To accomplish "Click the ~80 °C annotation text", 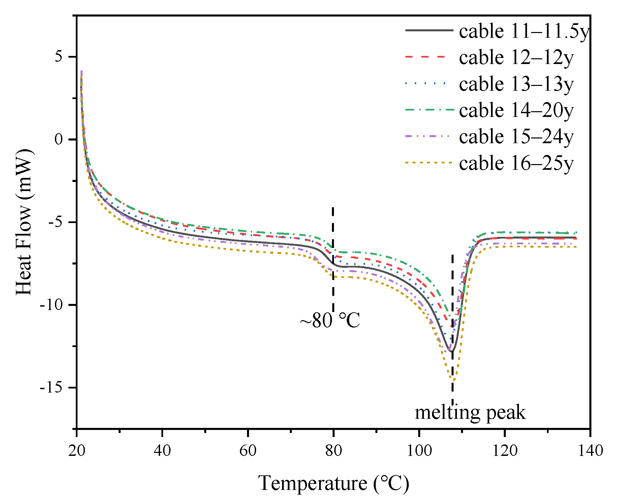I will click(330, 320).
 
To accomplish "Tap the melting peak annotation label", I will click(470, 412).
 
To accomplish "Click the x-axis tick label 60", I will click(248, 450).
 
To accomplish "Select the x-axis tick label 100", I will click(419, 450).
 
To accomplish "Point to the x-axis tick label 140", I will click(590, 450).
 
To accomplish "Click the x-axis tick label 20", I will click(77, 450).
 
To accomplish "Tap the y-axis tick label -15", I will click(51, 388).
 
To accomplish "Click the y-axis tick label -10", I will click(51, 305).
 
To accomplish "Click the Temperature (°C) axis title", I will click(334, 483).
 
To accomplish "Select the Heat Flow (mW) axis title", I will click(24, 222).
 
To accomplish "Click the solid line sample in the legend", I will click(429, 31).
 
